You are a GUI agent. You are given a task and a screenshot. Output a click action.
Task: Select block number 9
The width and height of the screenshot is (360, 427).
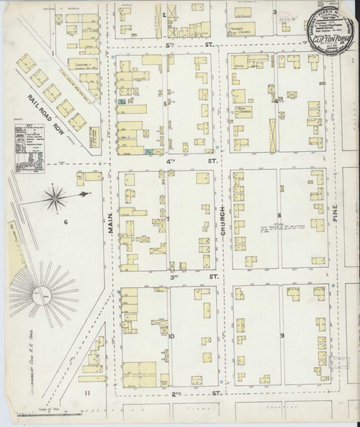282,336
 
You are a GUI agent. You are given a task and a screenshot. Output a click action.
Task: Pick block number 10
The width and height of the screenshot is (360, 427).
171,336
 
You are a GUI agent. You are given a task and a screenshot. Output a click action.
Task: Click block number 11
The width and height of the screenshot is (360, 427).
87,392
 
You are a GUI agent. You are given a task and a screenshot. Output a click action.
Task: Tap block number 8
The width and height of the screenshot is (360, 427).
279,215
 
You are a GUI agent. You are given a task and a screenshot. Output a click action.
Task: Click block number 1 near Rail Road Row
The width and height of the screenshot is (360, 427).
53,53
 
